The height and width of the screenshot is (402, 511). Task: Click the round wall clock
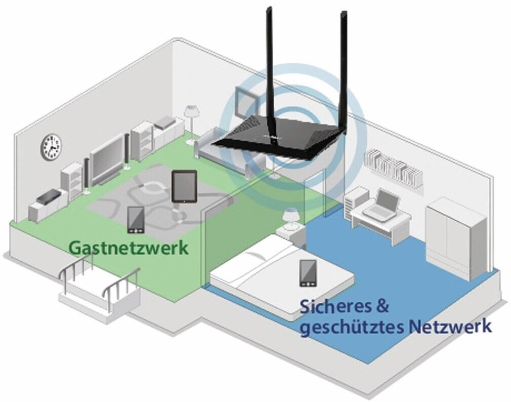(x=51, y=147)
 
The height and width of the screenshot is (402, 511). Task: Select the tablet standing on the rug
(x=184, y=186)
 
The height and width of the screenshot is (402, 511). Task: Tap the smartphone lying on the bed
(x=308, y=273)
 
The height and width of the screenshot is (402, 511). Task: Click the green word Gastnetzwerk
(x=129, y=248)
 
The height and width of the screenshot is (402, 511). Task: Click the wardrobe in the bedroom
(x=455, y=238)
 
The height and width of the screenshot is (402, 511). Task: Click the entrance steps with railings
(x=99, y=289)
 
